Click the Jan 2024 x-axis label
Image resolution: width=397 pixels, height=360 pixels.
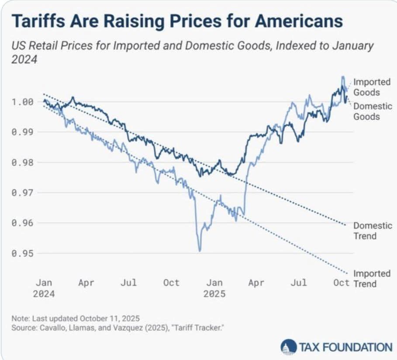pos(44,288)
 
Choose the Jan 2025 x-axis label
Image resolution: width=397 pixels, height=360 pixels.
pos(214,288)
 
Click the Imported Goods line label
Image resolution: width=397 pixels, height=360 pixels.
pos(366,87)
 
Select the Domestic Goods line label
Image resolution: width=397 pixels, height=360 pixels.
pos(366,111)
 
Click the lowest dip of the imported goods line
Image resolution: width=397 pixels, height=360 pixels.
pos(200,251)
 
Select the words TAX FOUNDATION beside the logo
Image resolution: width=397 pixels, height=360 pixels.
pos(345,347)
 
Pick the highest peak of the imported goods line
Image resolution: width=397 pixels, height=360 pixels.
pos(343,77)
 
